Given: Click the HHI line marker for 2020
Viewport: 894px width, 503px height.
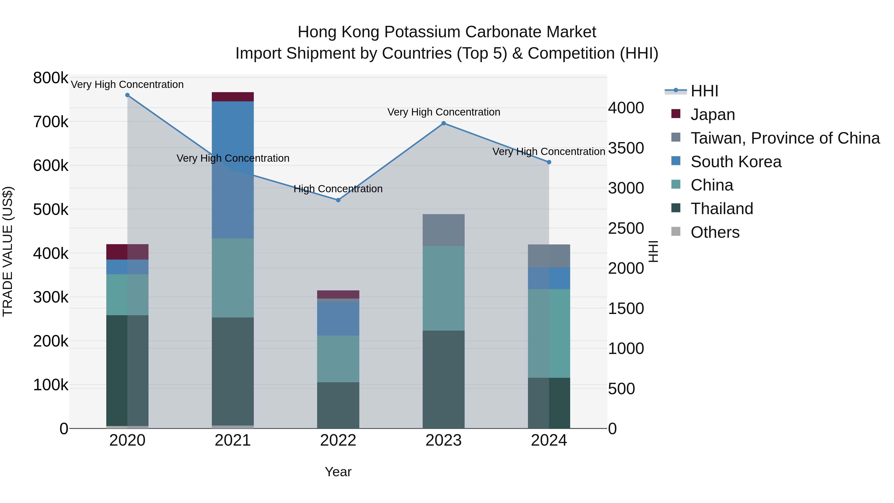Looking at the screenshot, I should [x=127, y=95].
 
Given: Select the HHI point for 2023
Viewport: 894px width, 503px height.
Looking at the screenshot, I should [x=444, y=123].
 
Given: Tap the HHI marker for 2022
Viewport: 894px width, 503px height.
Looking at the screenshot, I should [x=338, y=200].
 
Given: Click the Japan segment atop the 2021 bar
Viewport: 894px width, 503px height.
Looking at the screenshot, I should [x=232, y=97].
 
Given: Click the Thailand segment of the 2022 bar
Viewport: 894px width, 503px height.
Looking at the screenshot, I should [x=338, y=405].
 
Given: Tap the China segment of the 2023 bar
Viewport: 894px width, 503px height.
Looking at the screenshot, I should [x=444, y=288].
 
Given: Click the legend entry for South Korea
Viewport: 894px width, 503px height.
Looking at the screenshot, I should [x=736, y=162].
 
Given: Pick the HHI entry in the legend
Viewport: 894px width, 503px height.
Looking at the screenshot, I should [x=704, y=91].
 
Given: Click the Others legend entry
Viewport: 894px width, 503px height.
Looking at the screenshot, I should [x=715, y=232].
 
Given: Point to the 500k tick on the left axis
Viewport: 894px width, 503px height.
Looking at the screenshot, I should [x=51, y=210].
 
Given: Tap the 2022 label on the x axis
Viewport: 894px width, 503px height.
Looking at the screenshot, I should [x=338, y=440].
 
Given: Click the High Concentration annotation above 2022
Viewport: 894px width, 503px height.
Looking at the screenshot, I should [x=338, y=189].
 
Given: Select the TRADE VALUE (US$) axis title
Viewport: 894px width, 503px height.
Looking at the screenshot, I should [x=8, y=251].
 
